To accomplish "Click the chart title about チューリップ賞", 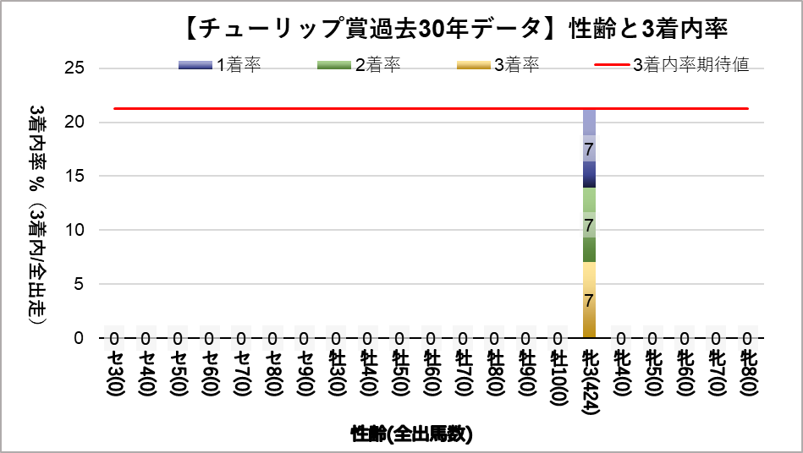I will point(454,30).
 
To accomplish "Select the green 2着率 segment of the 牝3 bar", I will point(589,225).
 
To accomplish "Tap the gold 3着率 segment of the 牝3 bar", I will point(589,300).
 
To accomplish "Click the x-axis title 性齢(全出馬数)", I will point(412,434).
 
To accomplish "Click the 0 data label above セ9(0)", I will point(305,339).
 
